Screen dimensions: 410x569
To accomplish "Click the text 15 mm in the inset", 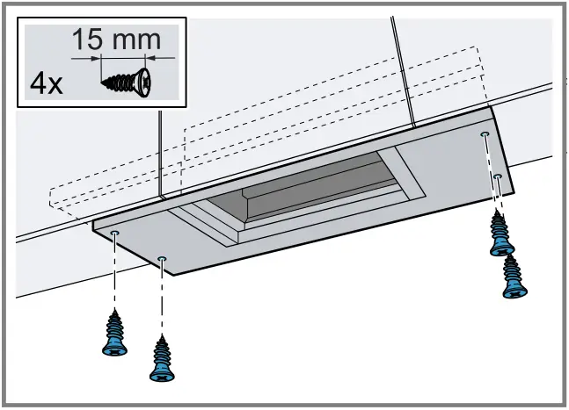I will pyautogui.click(x=116, y=39).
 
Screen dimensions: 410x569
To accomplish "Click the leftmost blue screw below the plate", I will pyautogui.click(x=114, y=333).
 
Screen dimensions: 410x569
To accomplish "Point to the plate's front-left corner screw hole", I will pyautogui.click(x=115, y=234).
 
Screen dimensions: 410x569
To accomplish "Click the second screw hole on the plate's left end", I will pyautogui.click(x=162, y=259).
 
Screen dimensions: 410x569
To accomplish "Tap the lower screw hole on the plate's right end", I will pyautogui.click(x=498, y=177).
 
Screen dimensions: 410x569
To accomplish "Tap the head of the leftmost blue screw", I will pyautogui.click(x=114, y=349).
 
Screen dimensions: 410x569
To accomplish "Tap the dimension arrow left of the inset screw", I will pyautogui.click(x=85, y=60).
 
